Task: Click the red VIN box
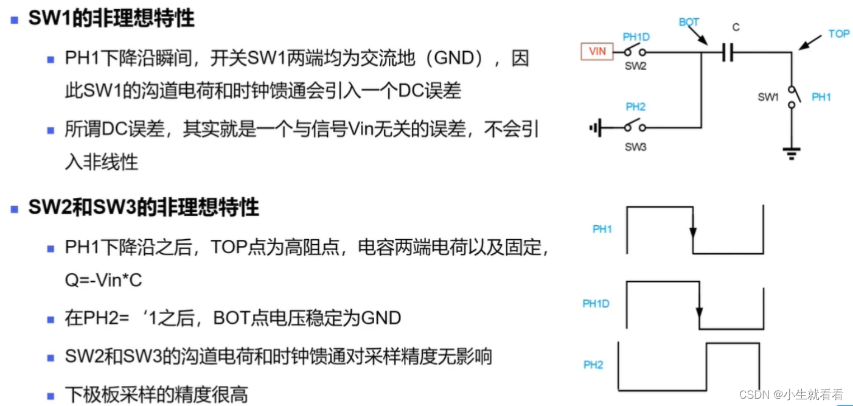click(597, 52)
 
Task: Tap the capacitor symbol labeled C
click(728, 53)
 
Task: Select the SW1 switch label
click(768, 97)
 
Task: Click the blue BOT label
click(689, 22)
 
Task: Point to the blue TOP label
click(838, 33)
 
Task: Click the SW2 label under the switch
click(635, 66)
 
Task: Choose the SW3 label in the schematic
click(635, 147)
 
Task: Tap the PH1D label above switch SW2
click(636, 37)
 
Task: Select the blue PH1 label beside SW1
click(821, 97)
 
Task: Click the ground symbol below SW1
click(792, 154)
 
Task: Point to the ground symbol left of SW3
click(596, 128)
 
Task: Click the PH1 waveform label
click(602, 229)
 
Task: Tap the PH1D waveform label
click(596, 304)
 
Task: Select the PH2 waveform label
click(593, 365)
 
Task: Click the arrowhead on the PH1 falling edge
click(692, 233)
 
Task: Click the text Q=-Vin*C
click(103, 280)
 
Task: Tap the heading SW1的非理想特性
click(111, 18)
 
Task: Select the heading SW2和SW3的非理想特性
click(144, 208)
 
